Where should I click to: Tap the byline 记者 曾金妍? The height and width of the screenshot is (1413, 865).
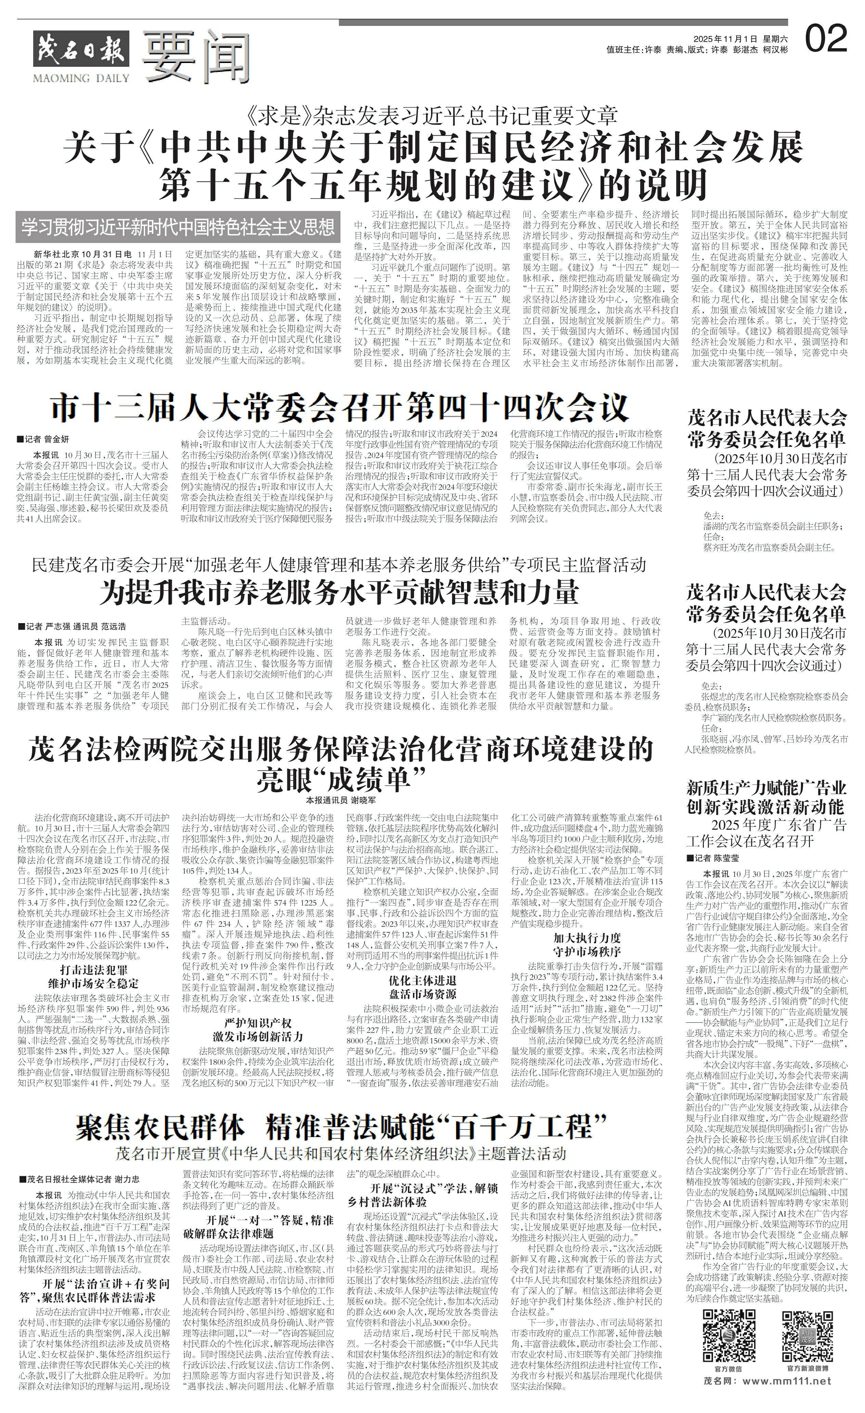pos(43,439)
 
